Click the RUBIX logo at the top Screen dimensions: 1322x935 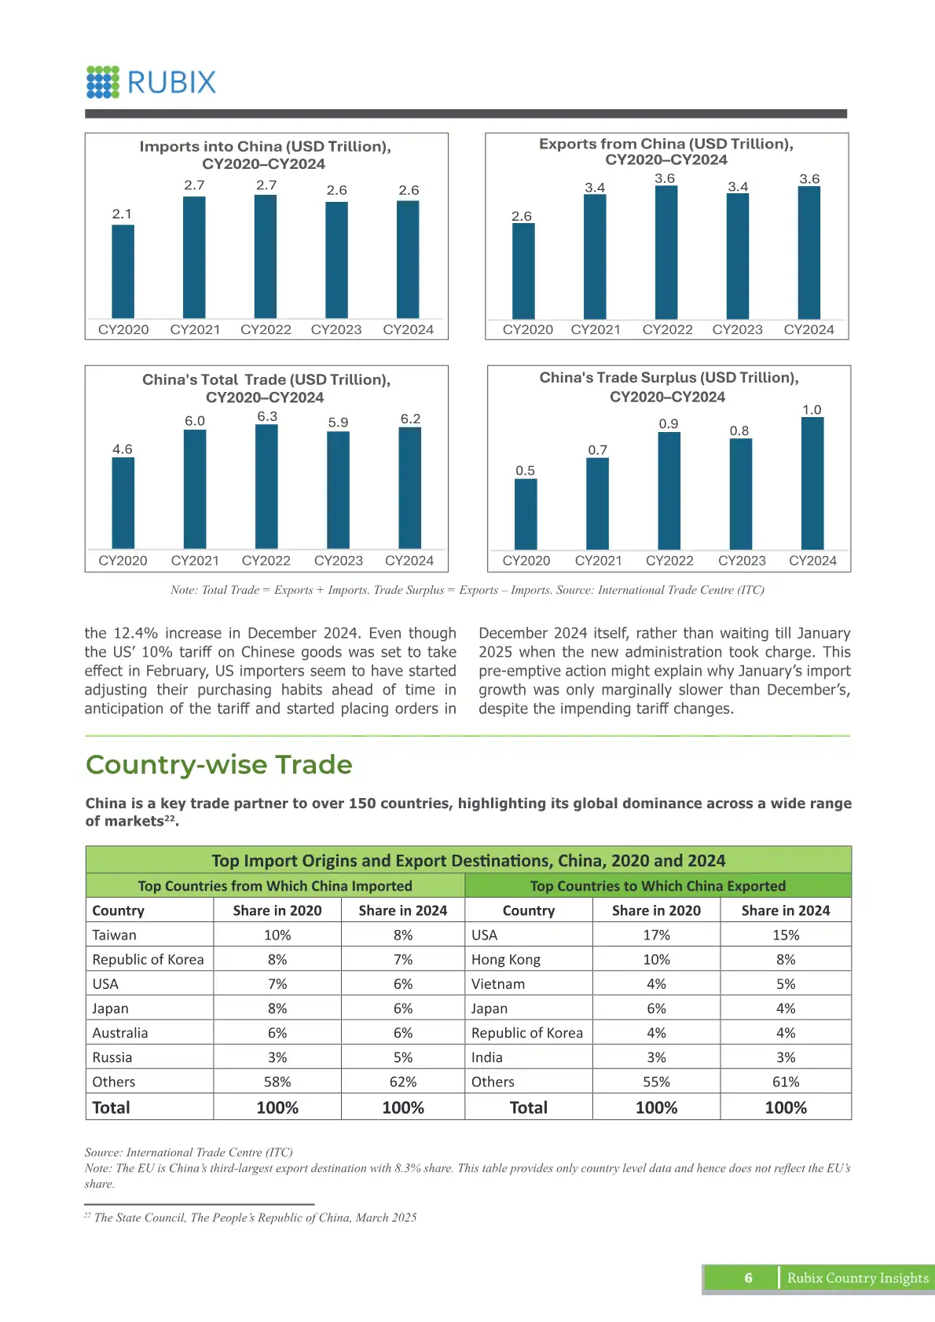pos(151,82)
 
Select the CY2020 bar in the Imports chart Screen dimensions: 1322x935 pos(123,271)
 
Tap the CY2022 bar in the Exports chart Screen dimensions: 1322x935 pos(666,252)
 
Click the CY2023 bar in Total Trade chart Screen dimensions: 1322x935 pos(338,489)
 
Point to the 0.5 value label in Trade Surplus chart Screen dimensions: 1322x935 pos(525,471)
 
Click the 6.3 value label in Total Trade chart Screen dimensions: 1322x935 pos(267,416)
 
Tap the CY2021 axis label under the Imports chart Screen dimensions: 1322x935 pos(195,330)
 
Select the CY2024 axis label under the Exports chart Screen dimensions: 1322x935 pos(808,330)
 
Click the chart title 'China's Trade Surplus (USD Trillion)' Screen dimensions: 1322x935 pos(669,378)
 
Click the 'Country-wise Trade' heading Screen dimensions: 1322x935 pos(218,764)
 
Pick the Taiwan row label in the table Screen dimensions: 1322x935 pos(115,935)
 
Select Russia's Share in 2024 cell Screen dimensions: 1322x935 pos(403,1057)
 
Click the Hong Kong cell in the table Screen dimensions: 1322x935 pos(506,959)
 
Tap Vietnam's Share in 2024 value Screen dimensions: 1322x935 pos(786,983)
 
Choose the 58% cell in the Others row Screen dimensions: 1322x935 pos(277,1082)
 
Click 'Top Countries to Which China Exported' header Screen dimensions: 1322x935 pos(658,886)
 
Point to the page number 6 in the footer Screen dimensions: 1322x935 pos(748,1278)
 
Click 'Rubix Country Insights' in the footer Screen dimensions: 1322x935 pos(857,1278)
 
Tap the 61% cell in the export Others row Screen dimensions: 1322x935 pos(786,1082)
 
